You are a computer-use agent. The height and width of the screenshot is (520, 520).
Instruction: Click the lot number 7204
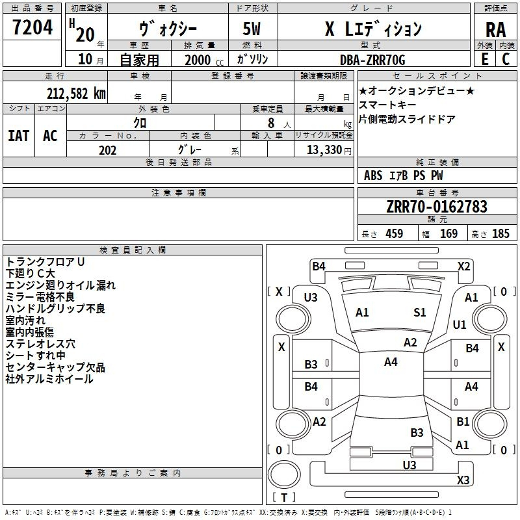click(x=32, y=27)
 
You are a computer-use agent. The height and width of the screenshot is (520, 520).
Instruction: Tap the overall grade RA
click(x=495, y=30)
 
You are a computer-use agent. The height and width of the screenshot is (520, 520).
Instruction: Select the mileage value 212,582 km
click(x=76, y=94)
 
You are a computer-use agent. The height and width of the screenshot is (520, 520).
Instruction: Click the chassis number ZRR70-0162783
click(x=437, y=207)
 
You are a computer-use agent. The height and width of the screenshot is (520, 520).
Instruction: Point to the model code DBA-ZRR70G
click(x=372, y=60)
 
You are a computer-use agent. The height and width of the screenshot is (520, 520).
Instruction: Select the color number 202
click(x=107, y=150)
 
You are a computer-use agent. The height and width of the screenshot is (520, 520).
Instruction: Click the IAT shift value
click(x=19, y=136)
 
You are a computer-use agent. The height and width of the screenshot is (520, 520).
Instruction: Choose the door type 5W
click(x=252, y=29)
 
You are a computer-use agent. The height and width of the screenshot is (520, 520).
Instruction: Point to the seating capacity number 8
click(x=271, y=123)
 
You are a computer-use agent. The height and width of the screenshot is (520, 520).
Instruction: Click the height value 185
click(x=500, y=233)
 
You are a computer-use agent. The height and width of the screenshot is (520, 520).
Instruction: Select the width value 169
click(x=448, y=233)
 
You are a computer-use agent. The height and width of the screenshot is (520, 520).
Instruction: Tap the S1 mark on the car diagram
click(x=419, y=313)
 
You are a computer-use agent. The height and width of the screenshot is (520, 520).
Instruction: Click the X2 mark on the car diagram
click(x=463, y=266)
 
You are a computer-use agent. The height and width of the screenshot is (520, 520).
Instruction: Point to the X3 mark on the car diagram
click(x=463, y=480)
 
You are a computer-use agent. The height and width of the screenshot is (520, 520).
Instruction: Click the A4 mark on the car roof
click(x=391, y=362)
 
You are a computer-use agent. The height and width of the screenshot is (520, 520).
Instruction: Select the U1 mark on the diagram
click(x=460, y=324)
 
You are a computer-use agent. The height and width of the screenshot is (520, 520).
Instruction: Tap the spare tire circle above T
click(x=284, y=474)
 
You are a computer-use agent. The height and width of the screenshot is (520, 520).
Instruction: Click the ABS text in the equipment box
click(x=373, y=175)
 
